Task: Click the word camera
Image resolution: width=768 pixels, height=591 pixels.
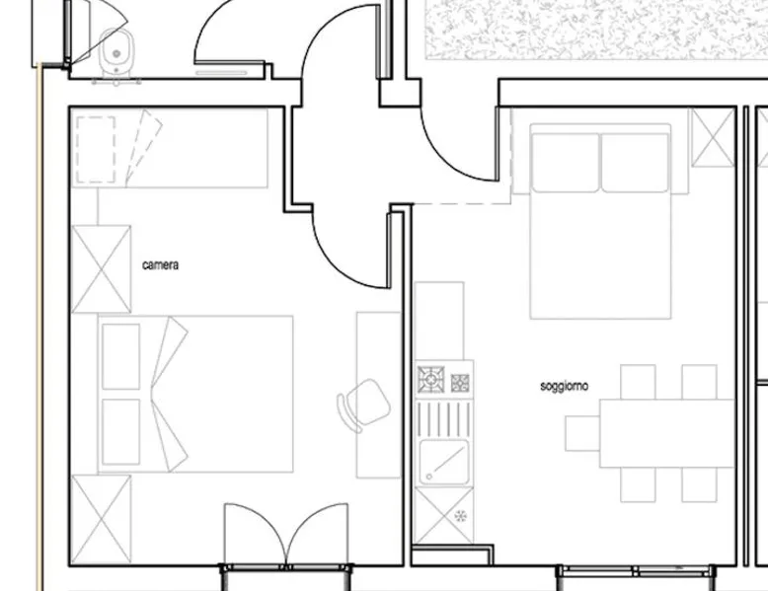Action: (160, 264)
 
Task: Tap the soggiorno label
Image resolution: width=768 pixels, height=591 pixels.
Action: (564, 387)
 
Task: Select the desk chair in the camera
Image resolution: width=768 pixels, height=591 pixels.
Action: (364, 405)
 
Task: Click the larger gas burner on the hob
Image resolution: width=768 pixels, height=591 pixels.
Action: (431, 380)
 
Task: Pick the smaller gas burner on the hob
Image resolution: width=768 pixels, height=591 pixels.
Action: (460, 383)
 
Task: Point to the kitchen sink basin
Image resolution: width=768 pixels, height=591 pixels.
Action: (444, 462)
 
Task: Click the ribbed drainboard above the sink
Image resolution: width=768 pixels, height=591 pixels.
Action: (444, 418)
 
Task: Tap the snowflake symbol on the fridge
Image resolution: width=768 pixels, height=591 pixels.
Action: (460, 516)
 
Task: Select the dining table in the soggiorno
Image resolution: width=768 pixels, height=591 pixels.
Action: (667, 433)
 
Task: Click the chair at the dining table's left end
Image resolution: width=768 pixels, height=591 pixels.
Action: (582, 433)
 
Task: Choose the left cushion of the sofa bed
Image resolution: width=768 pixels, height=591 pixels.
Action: (566, 163)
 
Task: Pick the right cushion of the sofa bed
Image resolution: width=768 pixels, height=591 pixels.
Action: (635, 163)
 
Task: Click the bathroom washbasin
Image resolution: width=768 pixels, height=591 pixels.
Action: (116, 51)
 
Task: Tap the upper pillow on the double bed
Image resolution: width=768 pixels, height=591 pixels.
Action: (121, 356)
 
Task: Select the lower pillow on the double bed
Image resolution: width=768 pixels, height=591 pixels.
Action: (121, 431)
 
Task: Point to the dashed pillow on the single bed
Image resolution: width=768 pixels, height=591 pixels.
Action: (96, 150)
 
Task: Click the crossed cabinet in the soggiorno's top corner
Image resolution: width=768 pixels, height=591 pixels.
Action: (713, 137)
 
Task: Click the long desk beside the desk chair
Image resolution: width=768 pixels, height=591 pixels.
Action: (379, 395)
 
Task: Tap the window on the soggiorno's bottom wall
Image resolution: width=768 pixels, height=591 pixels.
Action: (636, 570)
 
